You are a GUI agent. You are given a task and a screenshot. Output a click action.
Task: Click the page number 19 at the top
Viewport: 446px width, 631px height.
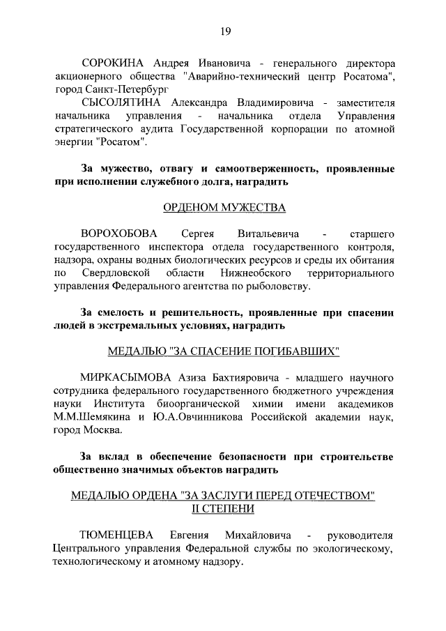pos(224,30)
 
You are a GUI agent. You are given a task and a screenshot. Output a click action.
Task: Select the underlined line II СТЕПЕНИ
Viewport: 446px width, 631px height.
pos(224,508)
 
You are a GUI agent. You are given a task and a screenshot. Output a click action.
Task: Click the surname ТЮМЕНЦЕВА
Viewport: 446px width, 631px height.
pos(116,535)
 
